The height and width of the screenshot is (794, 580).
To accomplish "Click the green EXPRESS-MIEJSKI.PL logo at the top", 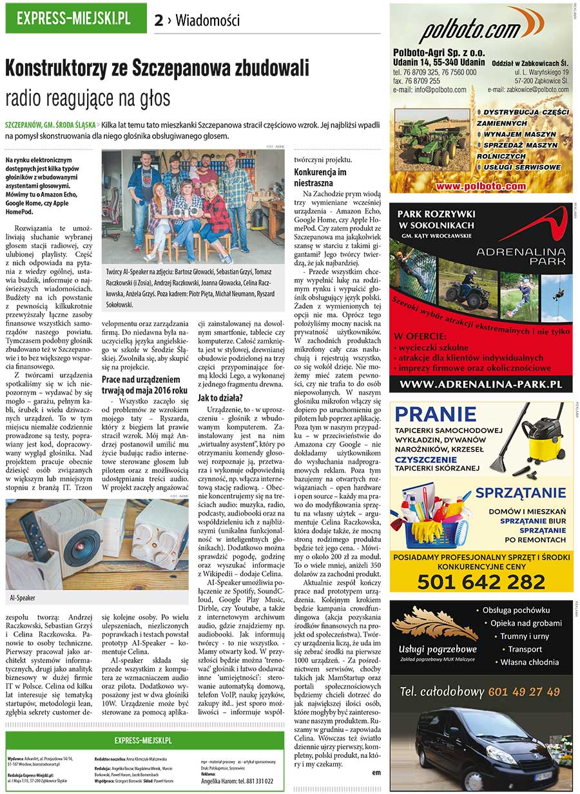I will [x=73, y=18].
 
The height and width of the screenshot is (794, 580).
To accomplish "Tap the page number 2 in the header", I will [x=159, y=20].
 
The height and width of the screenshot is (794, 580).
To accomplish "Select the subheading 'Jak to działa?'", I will [x=220, y=397].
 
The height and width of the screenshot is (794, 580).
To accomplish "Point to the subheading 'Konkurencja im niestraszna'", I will [x=320, y=177].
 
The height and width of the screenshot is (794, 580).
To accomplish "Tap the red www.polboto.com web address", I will [x=480, y=186].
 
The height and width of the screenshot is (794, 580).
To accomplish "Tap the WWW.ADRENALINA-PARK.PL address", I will [x=481, y=384].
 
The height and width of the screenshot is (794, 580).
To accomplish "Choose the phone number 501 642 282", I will [x=481, y=581].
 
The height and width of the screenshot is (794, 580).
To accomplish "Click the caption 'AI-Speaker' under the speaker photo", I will [x=23, y=597].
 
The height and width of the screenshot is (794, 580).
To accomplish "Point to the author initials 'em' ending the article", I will [x=376, y=771].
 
